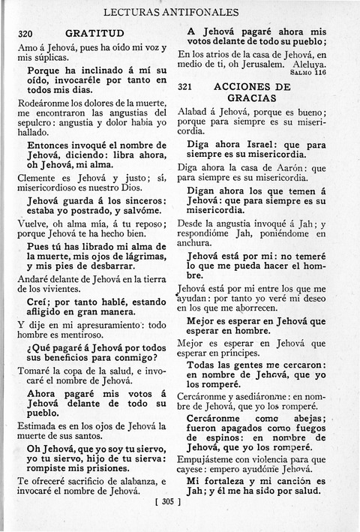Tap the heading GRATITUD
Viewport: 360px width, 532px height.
click(94, 34)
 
